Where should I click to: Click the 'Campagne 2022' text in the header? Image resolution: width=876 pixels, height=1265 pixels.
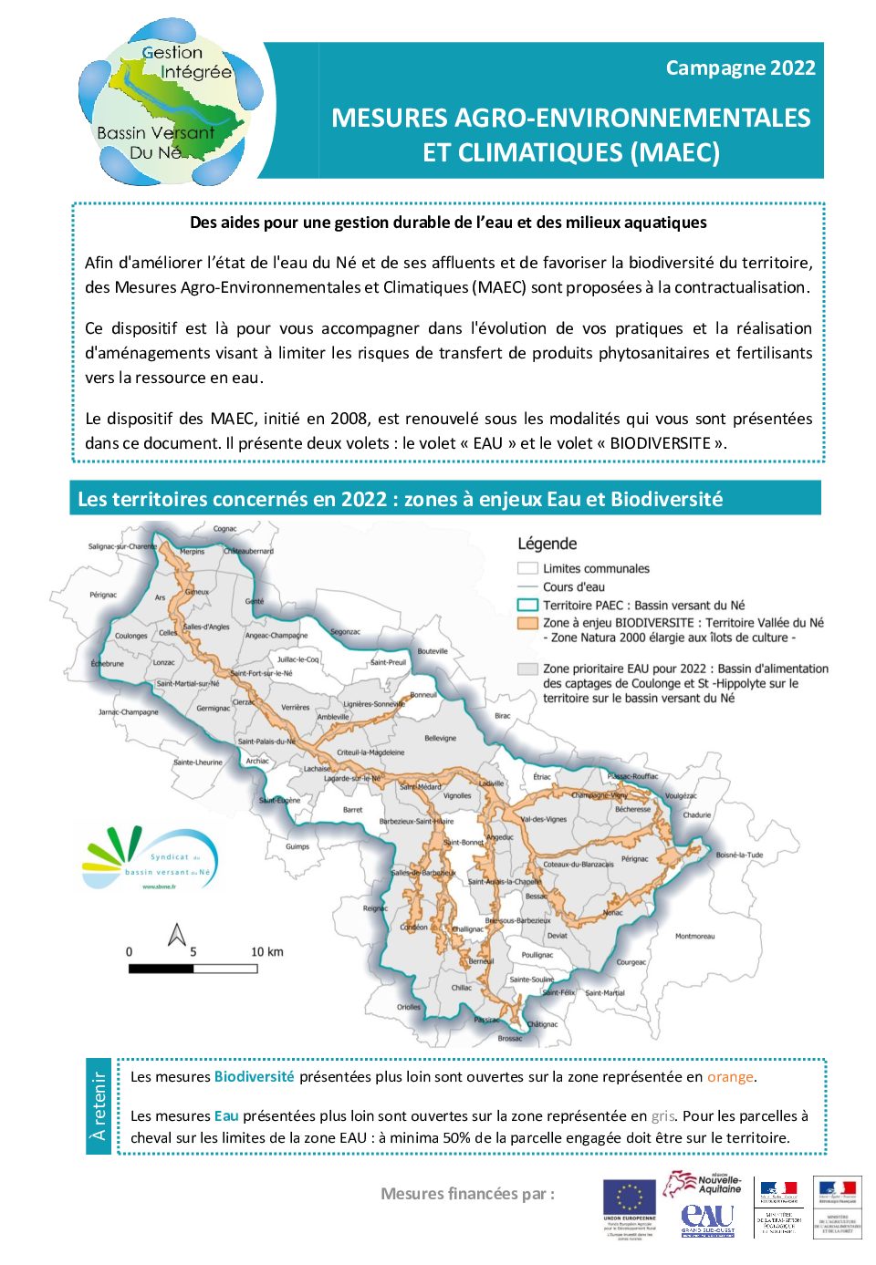pos(740,67)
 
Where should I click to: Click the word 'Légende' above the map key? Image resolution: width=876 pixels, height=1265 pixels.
pos(547,544)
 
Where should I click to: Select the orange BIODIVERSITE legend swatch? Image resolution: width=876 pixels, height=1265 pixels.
pos(527,623)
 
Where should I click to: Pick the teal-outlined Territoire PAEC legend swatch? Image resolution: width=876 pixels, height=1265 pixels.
pos(527,605)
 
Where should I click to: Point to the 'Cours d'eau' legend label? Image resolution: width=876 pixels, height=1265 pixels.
pos(573,586)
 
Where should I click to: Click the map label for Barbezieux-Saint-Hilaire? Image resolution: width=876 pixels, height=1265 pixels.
pos(416,821)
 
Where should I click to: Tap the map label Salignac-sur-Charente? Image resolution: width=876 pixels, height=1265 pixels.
pos(122,546)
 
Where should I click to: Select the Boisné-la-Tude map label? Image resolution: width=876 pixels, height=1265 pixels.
pos(739,855)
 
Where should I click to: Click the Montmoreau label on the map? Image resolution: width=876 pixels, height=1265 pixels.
pos(694,936)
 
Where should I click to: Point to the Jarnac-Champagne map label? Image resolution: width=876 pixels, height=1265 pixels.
pos(128,711)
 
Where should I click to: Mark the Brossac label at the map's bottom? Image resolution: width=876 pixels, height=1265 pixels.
pos(510,1038)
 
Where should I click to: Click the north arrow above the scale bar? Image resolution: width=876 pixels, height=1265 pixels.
pos(177,935)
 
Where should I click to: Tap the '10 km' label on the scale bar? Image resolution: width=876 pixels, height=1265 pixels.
pos(266,952)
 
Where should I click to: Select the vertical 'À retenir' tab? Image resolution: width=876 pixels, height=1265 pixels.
pos(99,1106)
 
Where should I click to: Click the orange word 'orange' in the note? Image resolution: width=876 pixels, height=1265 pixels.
pos(730,1077)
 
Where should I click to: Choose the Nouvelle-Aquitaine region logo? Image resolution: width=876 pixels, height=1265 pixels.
pos(704,1184)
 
